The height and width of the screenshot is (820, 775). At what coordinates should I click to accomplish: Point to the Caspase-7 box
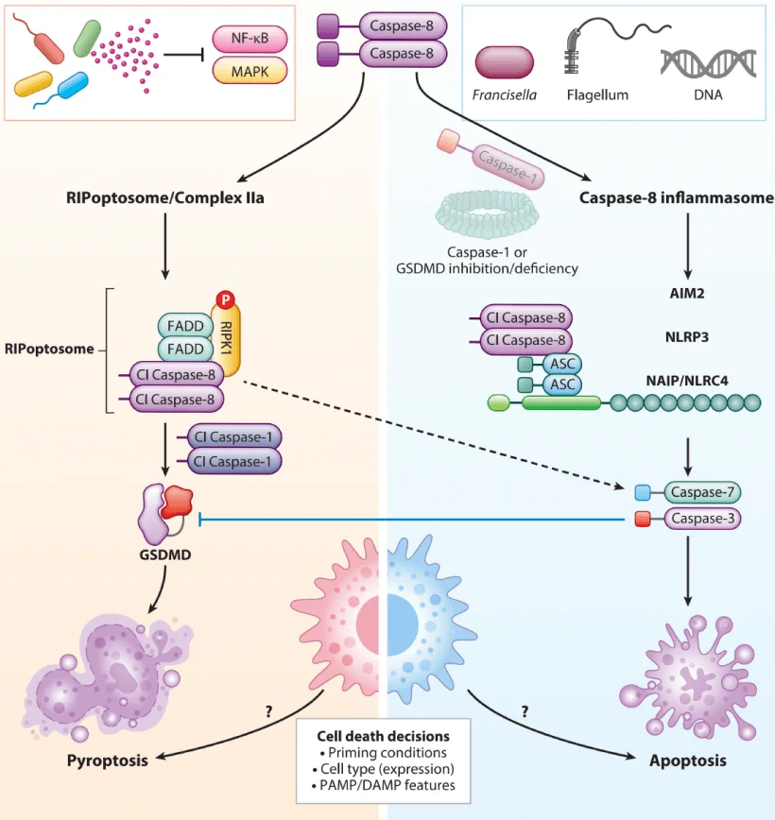[x=702, y=492]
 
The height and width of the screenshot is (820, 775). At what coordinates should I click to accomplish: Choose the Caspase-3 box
[x=702, y=519]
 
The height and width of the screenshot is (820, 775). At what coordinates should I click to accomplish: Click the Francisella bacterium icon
[x=505, y=63]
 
